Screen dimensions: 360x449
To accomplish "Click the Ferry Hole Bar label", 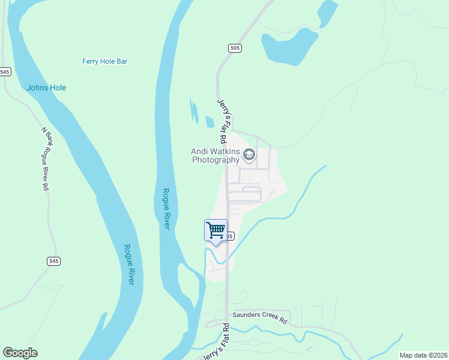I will (104, 61).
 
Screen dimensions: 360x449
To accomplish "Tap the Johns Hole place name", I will (46, 88).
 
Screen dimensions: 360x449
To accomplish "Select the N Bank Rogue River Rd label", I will (46, 158).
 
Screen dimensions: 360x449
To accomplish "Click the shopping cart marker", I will (215, 230).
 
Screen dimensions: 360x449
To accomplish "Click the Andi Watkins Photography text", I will (215, 156).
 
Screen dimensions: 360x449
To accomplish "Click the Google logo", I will (20, 353).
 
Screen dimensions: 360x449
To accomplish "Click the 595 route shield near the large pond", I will (234, 47).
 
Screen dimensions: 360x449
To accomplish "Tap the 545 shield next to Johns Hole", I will (5, 71).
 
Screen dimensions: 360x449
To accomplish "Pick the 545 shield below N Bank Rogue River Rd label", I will (53, 261).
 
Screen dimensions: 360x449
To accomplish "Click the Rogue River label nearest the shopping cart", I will (166, 209).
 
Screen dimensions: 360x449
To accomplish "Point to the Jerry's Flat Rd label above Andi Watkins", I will (222, 120).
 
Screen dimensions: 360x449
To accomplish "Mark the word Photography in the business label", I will (215, 160).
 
